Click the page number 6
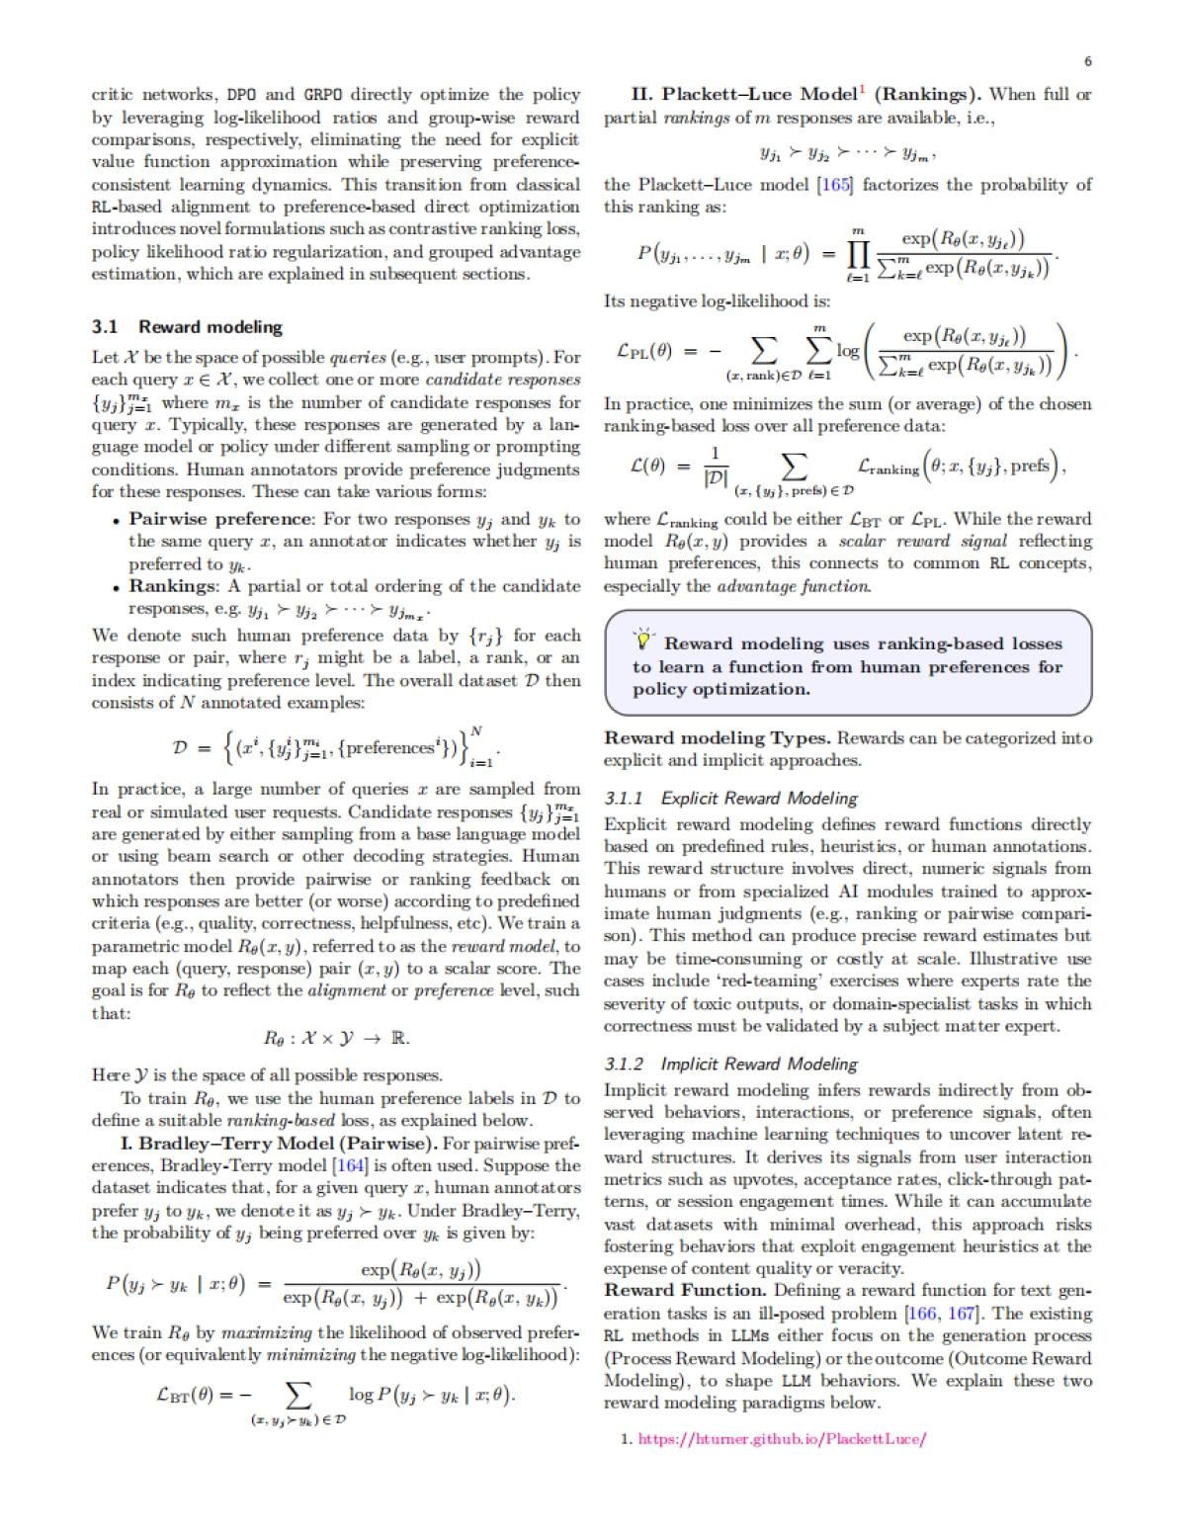point(1087,61)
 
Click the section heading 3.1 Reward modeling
point(187,327)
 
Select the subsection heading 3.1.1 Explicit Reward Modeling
point(730,798)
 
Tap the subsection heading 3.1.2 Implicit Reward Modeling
point(730,1064)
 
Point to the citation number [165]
point(834,185)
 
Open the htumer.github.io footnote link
point(782,1439)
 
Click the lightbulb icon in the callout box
point(643,640)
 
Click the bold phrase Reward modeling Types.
point(718,737)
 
